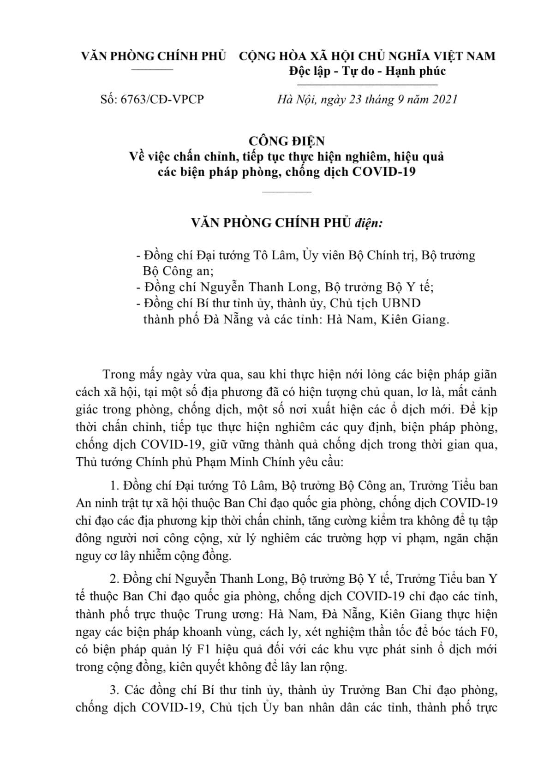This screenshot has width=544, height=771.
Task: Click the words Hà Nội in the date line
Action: coord(294,99)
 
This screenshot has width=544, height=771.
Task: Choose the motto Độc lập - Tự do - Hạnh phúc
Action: coord(367,71)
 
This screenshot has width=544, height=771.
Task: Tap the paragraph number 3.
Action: coord(114,690)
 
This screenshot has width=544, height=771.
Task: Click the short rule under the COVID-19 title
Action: coord(287,191)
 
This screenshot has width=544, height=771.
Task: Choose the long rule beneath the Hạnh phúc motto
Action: coord(367,85)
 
